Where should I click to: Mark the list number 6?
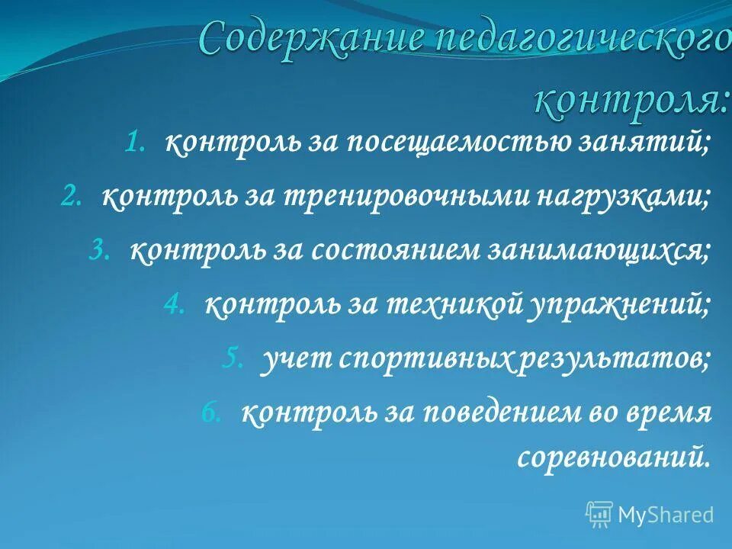coord(210,413)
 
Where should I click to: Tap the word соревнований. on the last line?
coord(614,456)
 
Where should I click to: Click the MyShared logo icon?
coord(599,514)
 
